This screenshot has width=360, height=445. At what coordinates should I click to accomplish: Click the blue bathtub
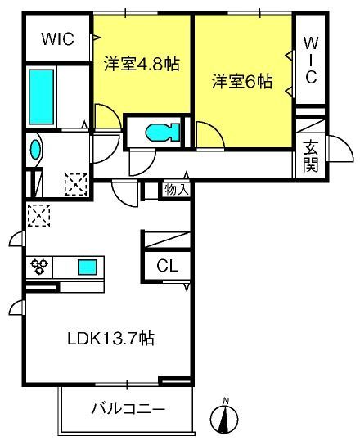pos(42,97)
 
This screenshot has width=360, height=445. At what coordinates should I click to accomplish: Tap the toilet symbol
pos(163,133)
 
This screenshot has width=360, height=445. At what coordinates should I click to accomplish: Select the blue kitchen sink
pos(88,267)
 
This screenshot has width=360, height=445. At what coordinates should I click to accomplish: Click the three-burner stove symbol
pos(39,267)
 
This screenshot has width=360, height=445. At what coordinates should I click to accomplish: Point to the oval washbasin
pos(35,150)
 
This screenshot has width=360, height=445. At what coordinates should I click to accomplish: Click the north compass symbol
pos(224,417)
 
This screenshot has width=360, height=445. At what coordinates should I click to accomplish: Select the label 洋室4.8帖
pos(142,64)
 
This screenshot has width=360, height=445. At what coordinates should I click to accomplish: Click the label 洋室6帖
pos(242,81)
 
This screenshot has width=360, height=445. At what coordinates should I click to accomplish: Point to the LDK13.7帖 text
pos(110,338)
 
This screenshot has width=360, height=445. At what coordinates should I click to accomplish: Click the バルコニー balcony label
pos(128,409)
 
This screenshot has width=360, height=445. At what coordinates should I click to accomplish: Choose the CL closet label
pos(167,266)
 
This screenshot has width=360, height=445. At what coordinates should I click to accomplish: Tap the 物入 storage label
pos(177,189)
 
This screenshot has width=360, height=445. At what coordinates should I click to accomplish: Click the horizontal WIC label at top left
pos(58,38)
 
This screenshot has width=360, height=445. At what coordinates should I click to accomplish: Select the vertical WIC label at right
pos(311,60)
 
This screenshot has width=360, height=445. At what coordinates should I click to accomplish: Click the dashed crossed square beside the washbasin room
pos(76,184)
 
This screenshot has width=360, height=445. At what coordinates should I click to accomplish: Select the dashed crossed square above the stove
pos(38,215)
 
